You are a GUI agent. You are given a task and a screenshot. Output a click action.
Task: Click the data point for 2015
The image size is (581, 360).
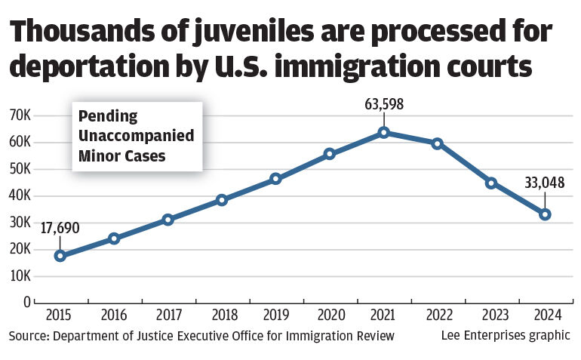pos(60,255)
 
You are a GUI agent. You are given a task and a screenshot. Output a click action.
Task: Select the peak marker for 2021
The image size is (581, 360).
pos(383,132)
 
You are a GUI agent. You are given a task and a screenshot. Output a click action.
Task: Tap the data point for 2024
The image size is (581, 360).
pos(545,214)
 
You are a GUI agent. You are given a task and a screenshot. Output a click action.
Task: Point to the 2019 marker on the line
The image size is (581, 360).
pos(275,179)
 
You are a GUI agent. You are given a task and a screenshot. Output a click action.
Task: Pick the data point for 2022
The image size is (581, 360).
pos(437,143)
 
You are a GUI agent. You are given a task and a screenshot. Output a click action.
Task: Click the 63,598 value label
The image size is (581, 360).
pos(383,104)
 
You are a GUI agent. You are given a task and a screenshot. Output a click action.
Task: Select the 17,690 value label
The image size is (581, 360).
pos(60,227)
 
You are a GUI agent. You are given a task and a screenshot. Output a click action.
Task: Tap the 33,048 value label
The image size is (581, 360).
pos(545,182)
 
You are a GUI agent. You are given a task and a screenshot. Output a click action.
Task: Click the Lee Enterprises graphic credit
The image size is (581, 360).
pos(506,335)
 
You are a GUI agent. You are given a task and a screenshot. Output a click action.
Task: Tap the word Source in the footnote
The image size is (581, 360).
pos(29,335)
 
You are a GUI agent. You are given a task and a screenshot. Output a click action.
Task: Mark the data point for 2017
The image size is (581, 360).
pos(168,220)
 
